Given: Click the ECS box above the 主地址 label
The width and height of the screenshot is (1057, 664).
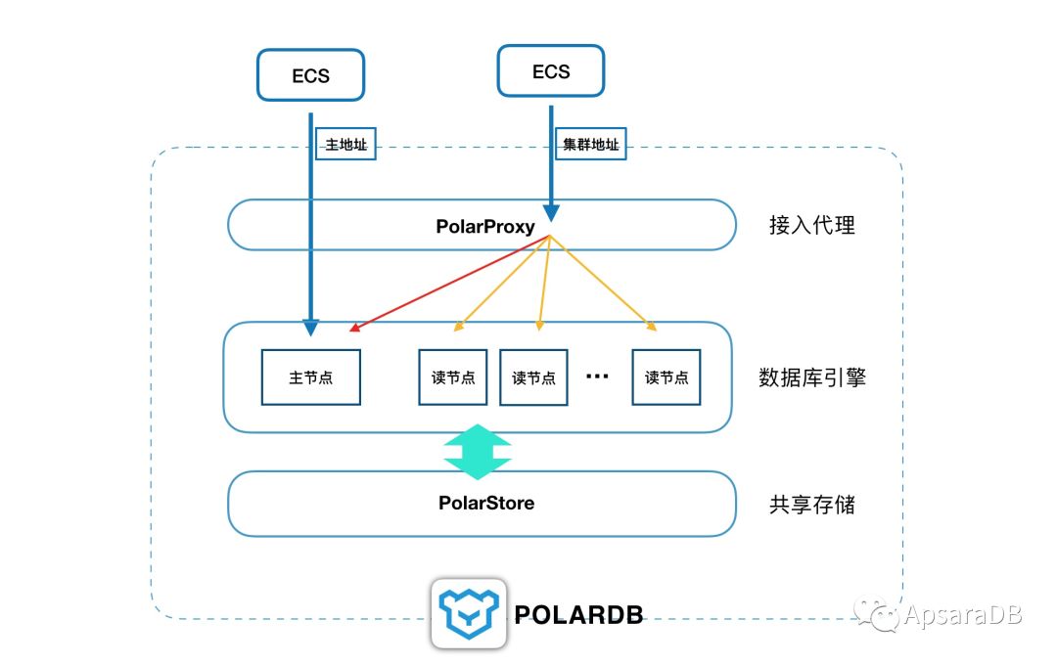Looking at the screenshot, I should click(310, 75).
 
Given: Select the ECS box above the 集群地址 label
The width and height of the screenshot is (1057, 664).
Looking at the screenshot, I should click(550, 71).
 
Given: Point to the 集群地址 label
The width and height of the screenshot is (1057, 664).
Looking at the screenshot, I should click(587, 146).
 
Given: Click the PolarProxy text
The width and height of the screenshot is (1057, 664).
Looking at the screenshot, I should click(485, 227).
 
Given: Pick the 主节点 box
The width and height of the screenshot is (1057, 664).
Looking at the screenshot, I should click(310, 377).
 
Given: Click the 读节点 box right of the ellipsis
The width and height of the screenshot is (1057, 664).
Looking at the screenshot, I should click(666, 377).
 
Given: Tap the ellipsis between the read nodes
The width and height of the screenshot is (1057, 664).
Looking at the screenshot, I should click(597, 376).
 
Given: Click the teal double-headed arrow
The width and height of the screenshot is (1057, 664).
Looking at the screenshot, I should click(478, 452).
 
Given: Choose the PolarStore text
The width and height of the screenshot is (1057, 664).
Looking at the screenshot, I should click(485, 504).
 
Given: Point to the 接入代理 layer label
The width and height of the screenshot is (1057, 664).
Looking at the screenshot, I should click(811, 226).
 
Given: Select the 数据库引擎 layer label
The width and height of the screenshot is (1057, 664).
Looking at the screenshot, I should click(811, 377).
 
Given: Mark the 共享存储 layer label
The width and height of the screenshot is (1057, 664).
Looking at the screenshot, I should click(811, 505).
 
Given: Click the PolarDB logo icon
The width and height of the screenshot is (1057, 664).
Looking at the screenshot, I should click(469, 613).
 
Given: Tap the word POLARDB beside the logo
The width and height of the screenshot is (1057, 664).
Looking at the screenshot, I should click(578, 614).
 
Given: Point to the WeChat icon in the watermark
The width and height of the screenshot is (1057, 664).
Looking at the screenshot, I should click(878, 614).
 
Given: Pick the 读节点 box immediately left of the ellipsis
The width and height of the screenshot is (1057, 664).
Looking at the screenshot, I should click(533, 377).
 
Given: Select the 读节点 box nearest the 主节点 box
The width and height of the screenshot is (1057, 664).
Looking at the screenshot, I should click(452, 377).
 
